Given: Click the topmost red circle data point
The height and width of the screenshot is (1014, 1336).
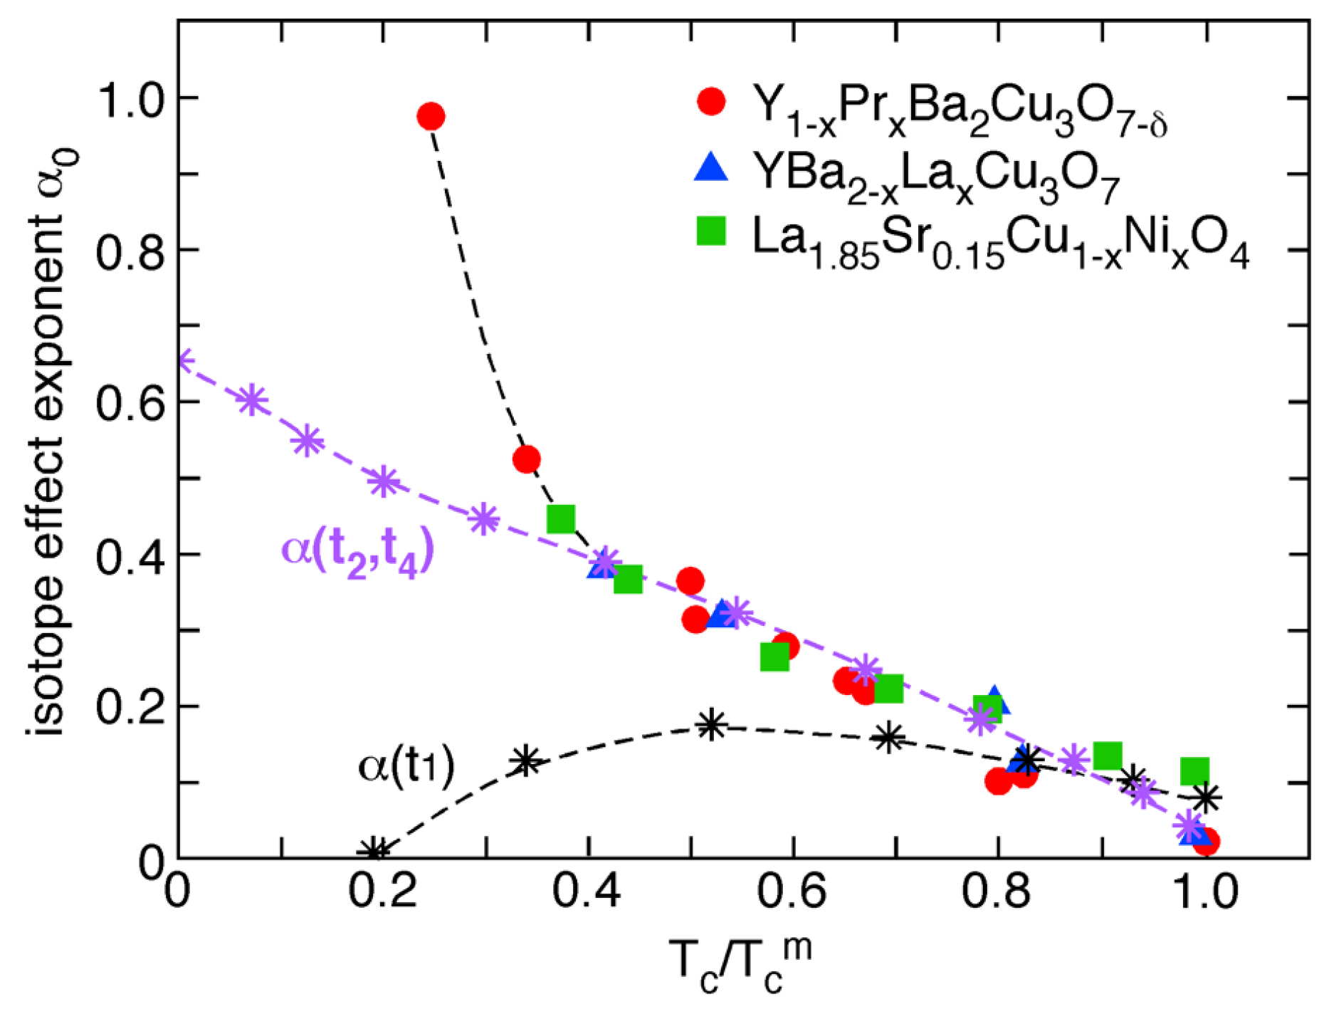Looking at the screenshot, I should [431, 116].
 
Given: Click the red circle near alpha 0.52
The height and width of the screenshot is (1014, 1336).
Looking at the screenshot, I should [526, 459].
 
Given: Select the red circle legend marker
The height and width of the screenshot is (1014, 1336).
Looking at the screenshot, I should [711, 102].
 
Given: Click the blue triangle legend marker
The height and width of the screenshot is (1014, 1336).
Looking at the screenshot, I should [711, 169].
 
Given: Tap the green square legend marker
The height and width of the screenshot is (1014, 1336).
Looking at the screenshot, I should [711, 232].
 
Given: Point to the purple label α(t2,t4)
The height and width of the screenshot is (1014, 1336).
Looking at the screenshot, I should [358, 552].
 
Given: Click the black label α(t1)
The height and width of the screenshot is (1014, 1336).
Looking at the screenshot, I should [406, 767].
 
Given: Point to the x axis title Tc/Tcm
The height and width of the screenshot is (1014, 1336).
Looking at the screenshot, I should [740, 966].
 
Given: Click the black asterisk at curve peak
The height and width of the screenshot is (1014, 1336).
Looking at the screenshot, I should [711, 725].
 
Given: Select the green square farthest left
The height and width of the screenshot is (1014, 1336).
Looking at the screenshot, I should [562, 519].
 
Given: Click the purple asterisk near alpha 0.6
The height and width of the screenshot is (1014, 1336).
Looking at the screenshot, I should [251, 401].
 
